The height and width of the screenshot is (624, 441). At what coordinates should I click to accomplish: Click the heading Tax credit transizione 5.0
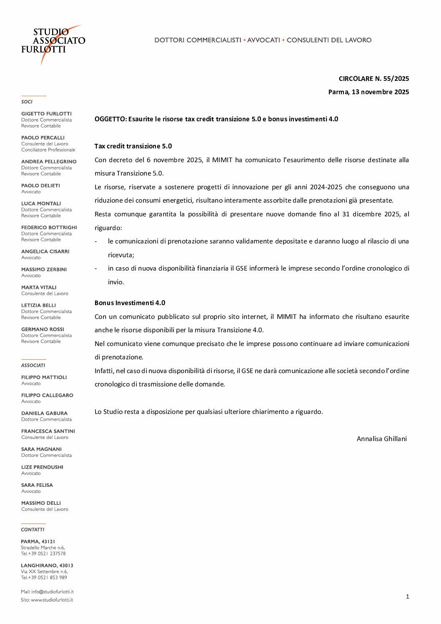pyautogui.click(x=133, y=146)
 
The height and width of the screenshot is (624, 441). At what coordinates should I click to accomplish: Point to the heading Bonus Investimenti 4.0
pyautogui.click(x=130, y=303)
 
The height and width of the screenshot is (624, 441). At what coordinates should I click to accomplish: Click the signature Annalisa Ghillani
pyautogui.click(x=381, y=439)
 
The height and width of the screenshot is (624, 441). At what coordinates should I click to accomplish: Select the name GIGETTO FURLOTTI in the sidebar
pyautogui.click(x=46, y=114)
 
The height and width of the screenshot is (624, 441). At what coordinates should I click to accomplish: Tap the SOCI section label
pyautogui.click(x=27, y=102)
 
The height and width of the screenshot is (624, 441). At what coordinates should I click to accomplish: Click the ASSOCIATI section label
pyautogui.click(x=33, y=366)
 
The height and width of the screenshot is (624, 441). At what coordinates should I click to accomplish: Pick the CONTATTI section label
pyautogui.click(x=33, y=530)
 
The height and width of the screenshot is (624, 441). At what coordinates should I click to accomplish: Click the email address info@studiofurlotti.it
pyautogui.click(x=52, y=592)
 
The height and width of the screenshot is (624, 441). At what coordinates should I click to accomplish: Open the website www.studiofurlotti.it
pyautogui.click(x=52, y=600)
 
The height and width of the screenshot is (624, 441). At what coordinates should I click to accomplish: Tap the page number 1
pyautogui.click(x=407, y=597)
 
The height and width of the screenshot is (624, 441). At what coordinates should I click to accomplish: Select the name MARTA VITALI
pyautogui.click(x=39, y=288)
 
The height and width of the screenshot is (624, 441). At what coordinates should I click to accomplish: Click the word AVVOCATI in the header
pyautogui.click(x=263, y=40)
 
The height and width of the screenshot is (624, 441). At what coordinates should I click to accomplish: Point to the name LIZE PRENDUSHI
pyautogui.click(x=42, y=467)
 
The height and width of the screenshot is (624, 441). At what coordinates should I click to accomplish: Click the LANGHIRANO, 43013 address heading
pyautogui.click(x=47, y=566)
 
